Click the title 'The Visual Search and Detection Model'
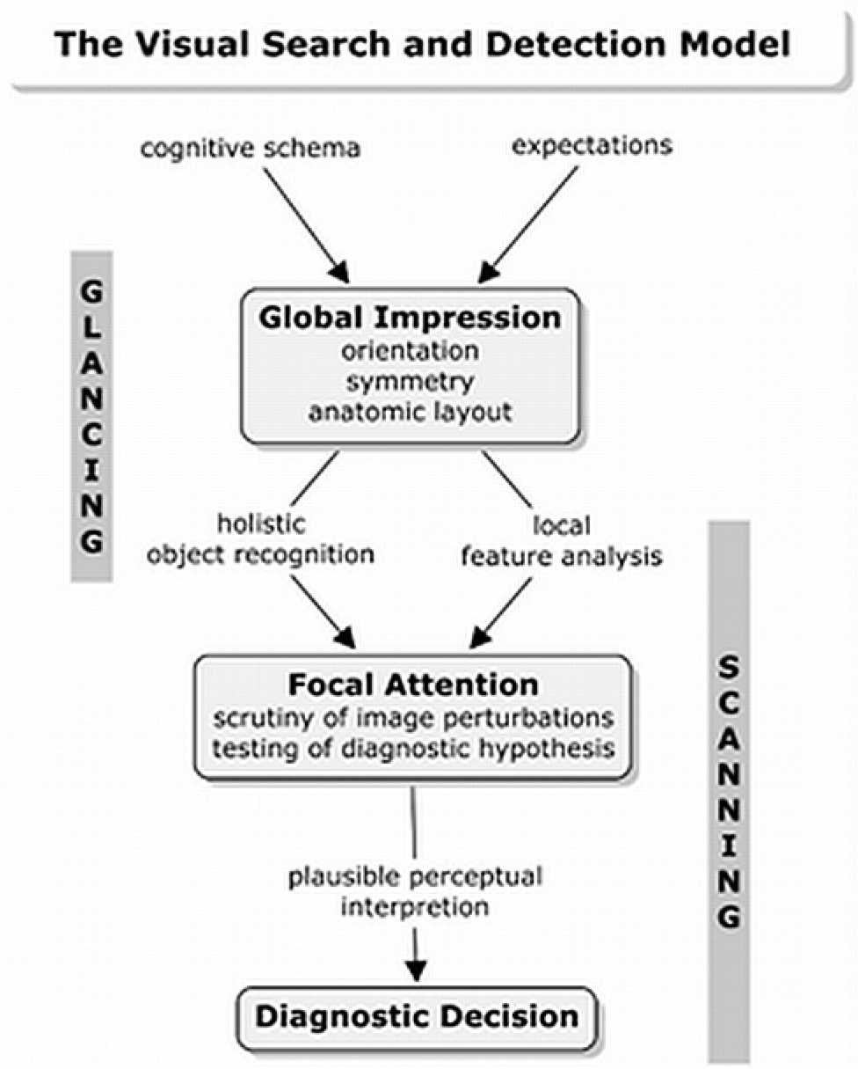[421, 44]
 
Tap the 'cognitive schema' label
[251, 147]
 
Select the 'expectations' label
[593, 144]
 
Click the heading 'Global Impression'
[410, 317]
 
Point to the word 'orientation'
[411, 350]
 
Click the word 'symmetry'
[410, 381]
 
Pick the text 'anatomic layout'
[410, 412]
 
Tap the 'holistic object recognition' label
[260, 539]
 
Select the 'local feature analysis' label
[562, 540]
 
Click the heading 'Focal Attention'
[412, 684]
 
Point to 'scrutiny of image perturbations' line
[413, 716]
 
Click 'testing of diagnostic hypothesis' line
[413, 748]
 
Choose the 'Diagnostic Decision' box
[417, 1017]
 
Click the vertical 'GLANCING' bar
[91, 416]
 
